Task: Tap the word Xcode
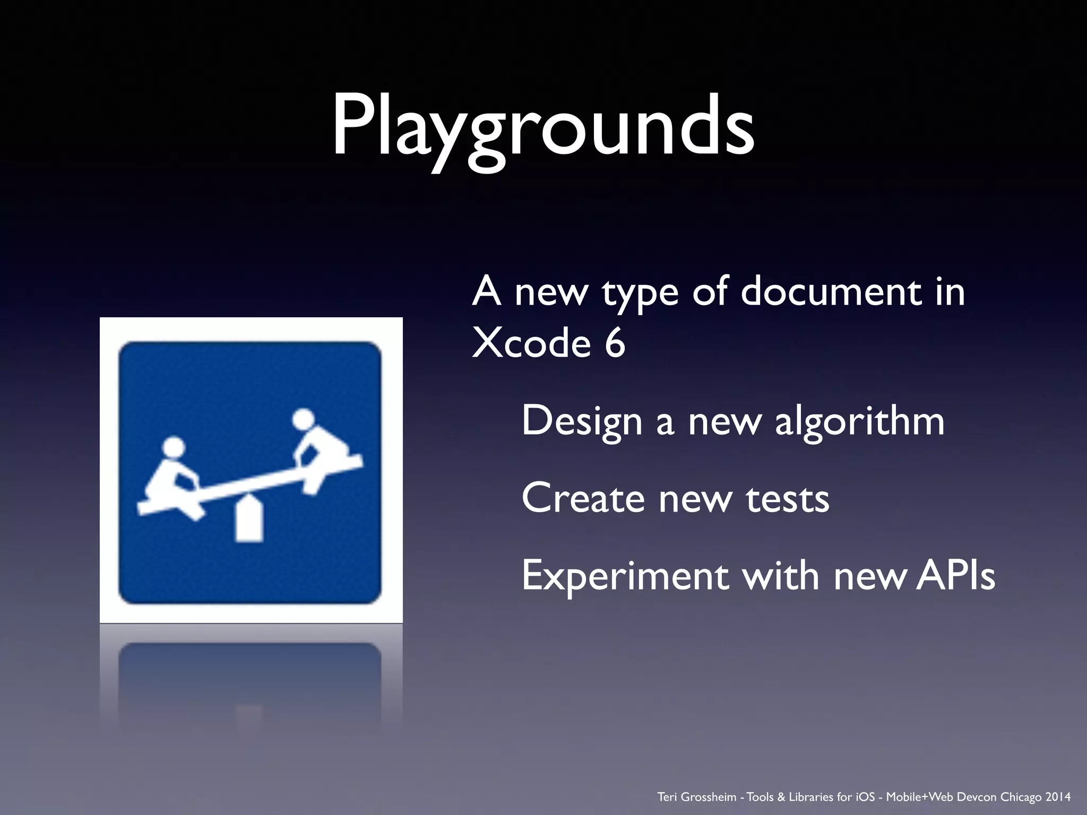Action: click(x=531, y=343)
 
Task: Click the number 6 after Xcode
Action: click(x=615, y=343)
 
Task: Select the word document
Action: click(x=831, y=291)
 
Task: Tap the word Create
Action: click(x=583, y=498)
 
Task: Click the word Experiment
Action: click(x=625, y=576)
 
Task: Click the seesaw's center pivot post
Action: click(x=249, y=519)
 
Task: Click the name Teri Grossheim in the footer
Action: click(x=696, y=797)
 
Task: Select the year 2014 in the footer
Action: click(x=1058, y=797)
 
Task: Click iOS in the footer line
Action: click(x=865, y=797)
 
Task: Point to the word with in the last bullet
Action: click(x=781, y=576)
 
